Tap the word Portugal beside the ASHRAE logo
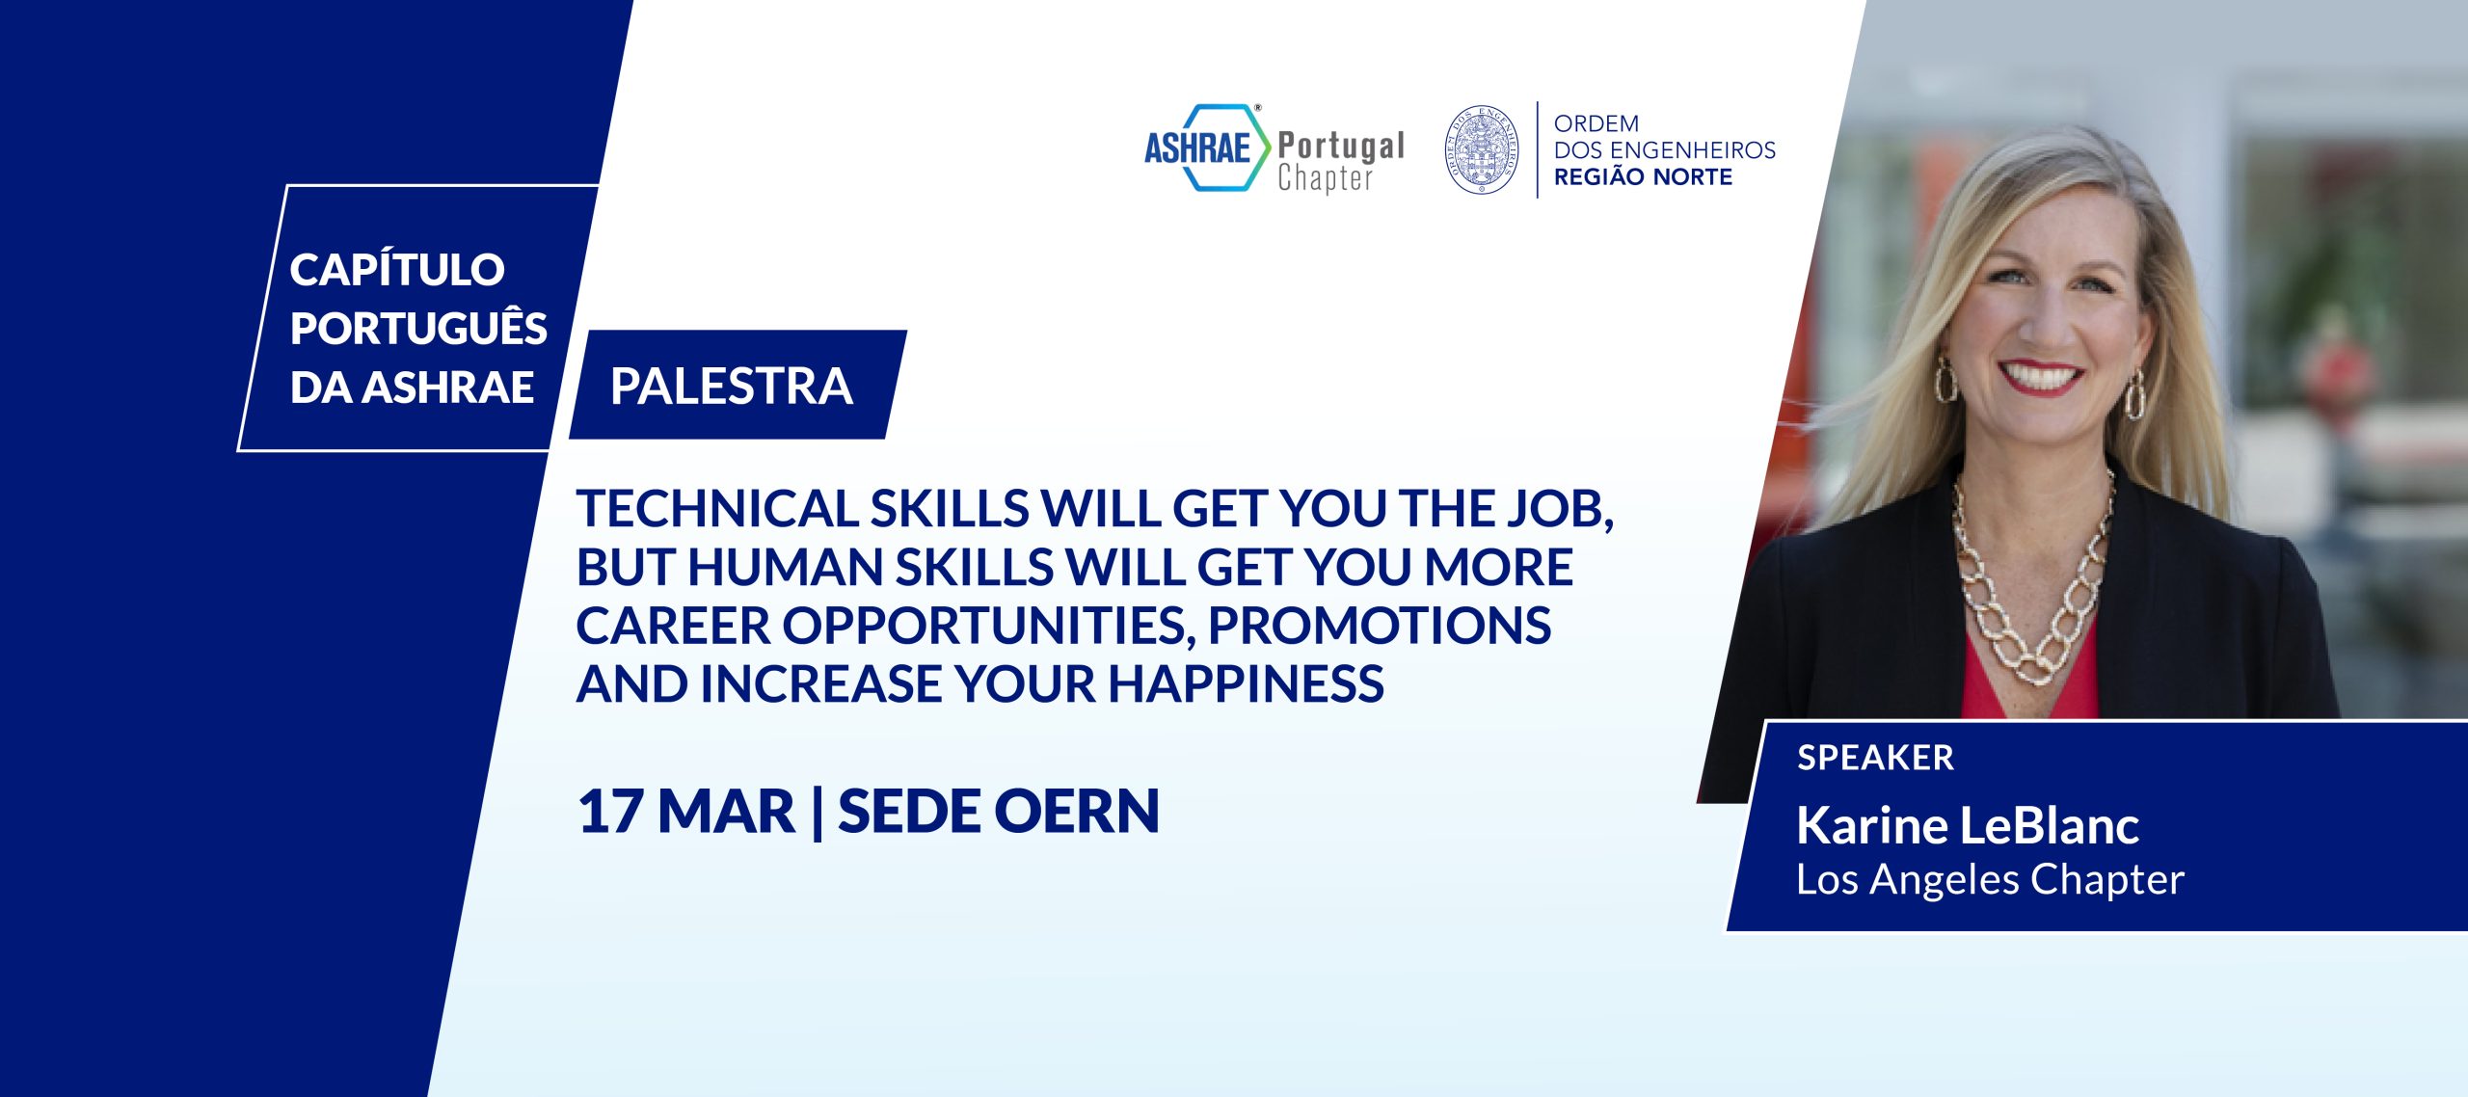[x=1341, y=146]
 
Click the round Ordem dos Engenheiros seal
[x=1482, y=149]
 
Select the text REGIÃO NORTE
[x=1643, y=177]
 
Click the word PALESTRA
[x=732, y=387]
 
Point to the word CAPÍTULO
[x=397, y=270]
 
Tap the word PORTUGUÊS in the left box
[x=418, y=329]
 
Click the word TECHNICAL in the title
[x=717, y=509]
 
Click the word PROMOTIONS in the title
[x=1380, y=627]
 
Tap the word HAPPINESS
[x=1246, y=684]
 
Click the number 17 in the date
[x=609, y=812]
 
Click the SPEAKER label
[x=1875, y=758]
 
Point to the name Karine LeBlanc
[x=1968, y=825]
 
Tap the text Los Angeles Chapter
[x=1990, y=879]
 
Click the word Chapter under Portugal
[x=1325, y=179]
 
